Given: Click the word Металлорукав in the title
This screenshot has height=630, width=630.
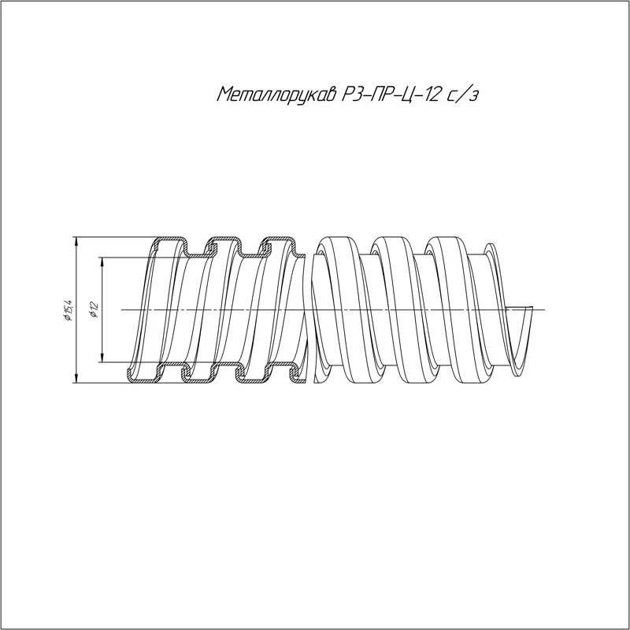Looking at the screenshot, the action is coord(276,94).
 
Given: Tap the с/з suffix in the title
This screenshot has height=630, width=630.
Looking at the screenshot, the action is coord(463,95).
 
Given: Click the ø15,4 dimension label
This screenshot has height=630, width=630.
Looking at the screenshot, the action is coord(69,309).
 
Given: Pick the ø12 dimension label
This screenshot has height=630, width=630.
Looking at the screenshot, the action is coord(94,309).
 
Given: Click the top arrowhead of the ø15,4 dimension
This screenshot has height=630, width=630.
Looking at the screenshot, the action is coord(76,243).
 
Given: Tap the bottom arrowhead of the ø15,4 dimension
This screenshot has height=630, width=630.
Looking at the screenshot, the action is coord(76,377).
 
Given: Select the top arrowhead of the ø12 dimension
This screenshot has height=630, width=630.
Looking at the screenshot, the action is coord(102,262).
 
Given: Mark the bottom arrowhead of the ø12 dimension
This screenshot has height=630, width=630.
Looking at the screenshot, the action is coord(102,357).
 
